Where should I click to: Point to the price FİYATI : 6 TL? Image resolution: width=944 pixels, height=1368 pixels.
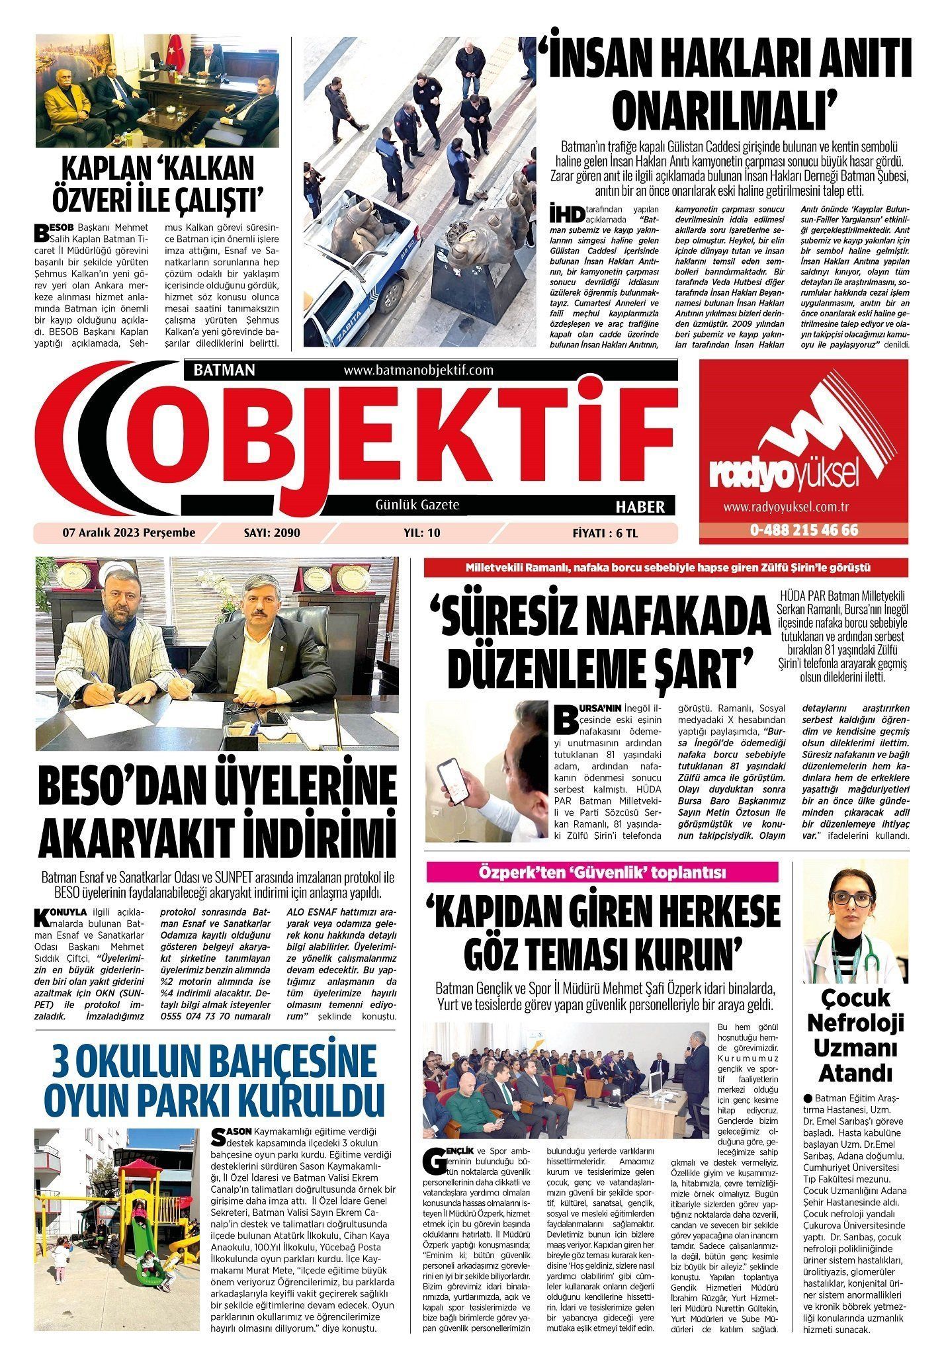[x=605, y=533]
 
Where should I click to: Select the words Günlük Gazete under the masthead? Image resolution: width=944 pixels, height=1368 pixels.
[x=417, y=505]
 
